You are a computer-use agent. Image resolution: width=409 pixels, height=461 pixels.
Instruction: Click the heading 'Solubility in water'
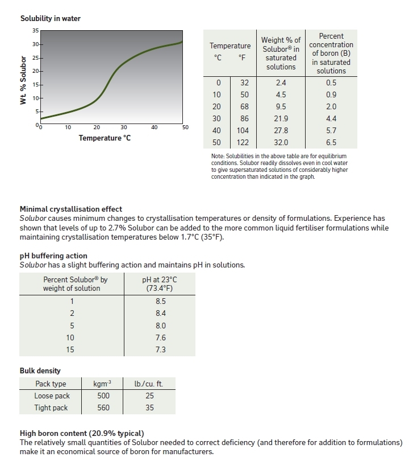50,19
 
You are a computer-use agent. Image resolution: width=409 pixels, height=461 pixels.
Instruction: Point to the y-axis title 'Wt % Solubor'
24,79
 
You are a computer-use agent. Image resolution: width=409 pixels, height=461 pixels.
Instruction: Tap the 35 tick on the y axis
35,30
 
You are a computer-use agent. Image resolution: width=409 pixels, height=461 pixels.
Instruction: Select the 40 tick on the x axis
155,127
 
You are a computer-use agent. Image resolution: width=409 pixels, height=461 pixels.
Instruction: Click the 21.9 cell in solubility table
281,118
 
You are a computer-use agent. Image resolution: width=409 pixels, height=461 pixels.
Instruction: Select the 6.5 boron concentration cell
331,142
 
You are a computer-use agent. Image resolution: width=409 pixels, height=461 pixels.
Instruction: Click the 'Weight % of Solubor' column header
281,53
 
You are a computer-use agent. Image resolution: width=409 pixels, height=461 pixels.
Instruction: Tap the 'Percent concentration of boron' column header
331,53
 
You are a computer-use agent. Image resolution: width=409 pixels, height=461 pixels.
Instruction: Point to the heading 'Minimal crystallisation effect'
71,209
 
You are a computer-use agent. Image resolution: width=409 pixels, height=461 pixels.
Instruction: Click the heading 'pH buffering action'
53,256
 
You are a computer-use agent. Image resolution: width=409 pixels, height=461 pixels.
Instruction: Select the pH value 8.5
160,301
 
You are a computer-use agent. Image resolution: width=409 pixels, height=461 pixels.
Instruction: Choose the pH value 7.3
160,349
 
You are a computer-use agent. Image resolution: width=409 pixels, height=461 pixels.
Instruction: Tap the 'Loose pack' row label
52,396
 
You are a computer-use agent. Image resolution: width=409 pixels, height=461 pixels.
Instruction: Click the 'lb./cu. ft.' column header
149,384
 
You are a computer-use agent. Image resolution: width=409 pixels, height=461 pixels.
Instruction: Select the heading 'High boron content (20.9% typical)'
82,433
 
